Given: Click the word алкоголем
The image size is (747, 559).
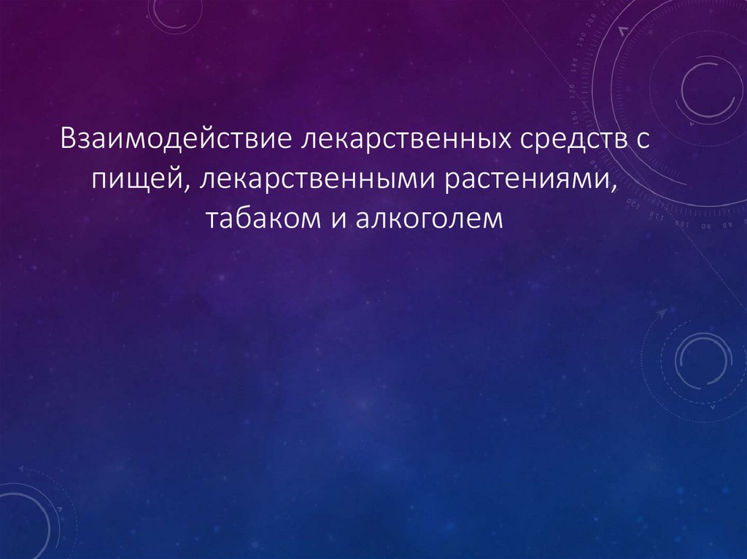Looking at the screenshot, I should pos(430,219).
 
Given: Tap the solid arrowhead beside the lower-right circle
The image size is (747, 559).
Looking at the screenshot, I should pos(662,312).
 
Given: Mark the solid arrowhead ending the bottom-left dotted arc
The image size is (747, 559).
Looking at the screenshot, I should pos(22,467).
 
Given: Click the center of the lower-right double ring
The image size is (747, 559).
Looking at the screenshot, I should pos(703,361).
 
